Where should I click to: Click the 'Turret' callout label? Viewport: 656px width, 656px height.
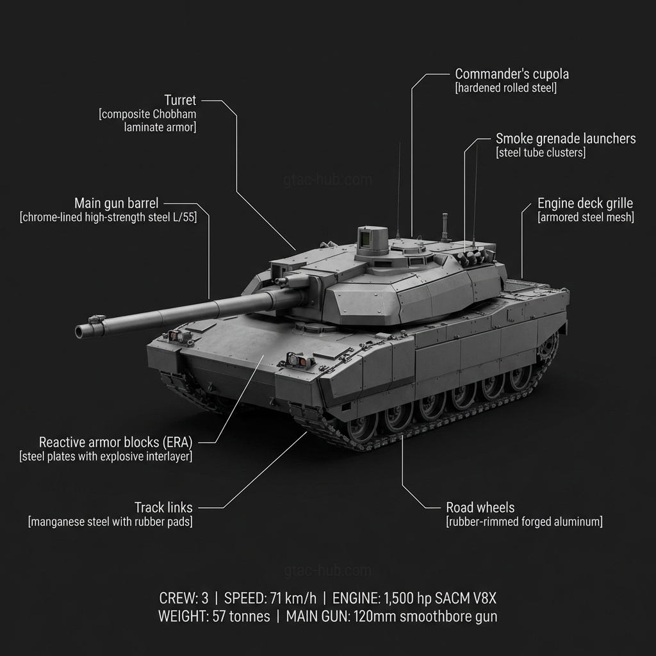point(180,101)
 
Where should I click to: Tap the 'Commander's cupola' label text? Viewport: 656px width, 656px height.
point(512,74)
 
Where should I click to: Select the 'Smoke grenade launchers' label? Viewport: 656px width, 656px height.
point(566,138)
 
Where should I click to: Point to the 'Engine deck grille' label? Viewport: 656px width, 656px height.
point(585,203)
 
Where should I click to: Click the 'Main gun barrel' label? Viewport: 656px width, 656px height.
point(117,203)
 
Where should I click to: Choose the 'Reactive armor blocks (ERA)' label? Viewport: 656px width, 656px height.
point(115,442)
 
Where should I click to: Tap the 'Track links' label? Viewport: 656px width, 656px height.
point(163,507)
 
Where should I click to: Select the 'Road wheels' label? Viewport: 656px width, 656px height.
point(480,507)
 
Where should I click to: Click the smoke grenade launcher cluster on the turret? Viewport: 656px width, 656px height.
point(472,256)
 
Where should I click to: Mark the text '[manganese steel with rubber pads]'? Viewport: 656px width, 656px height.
point(110,521)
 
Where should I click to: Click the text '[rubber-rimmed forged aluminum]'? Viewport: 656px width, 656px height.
point(524,521)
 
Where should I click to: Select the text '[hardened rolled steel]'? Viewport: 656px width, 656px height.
point(506,88)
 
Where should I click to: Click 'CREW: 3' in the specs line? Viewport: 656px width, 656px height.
point(184,598)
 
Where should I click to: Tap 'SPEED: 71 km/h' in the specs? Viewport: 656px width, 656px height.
point(270,598)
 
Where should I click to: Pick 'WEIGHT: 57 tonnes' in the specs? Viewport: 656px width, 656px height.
point(214,617)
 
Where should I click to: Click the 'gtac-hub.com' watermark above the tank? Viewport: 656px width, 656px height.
point(327,180)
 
